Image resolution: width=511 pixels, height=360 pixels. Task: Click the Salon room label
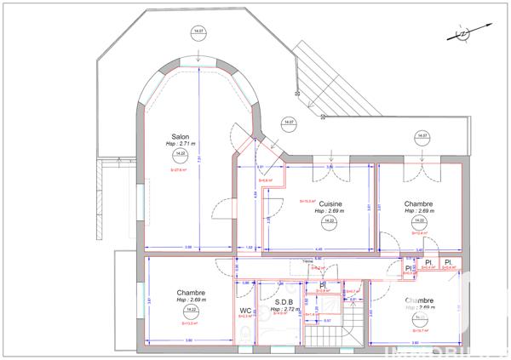[x=180, y=136]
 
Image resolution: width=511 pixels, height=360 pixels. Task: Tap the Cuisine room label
[x=330, y=203]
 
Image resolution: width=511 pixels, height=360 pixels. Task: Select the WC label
[x=245, y=311]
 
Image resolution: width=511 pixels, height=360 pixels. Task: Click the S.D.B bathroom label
[x=284, y=302]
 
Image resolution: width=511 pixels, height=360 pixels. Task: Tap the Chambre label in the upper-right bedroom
[x=419, y=203]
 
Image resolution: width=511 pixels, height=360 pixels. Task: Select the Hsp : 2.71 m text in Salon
[x=180, y=145]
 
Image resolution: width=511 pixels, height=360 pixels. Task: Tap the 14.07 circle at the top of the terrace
[x=198, y=34]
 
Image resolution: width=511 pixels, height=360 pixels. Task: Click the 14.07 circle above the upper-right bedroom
[x=421, y=135]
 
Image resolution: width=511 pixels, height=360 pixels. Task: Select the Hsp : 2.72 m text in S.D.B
[x=284, y=311]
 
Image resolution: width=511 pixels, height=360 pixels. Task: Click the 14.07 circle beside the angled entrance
[x=289, y=123]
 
